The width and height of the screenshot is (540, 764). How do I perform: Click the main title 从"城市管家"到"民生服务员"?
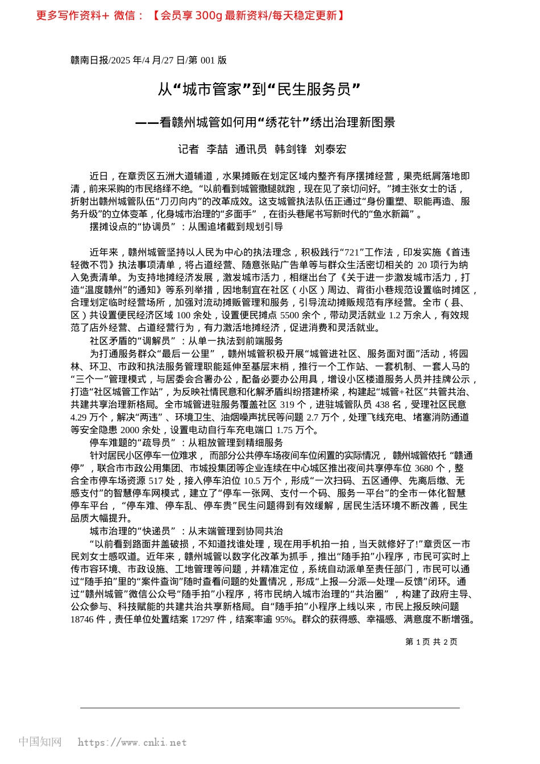click(259, 89)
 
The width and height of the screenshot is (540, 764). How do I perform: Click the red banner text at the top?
click(190, 15)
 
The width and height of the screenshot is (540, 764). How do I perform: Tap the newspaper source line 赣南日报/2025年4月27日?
click(148, 60)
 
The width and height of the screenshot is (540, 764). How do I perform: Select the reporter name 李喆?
click(217, 149)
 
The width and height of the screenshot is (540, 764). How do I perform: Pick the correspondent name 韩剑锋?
click(290, 149)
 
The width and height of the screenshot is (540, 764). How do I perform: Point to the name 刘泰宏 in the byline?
click(330, 149)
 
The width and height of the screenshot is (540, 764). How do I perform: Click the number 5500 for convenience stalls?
click(289, 315)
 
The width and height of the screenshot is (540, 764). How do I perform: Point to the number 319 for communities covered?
click(287, 404)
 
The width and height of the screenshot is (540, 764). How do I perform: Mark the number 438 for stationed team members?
click(383, 404)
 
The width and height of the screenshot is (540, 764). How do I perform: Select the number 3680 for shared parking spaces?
click(423, 468)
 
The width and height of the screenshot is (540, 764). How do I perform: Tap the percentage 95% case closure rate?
click(284, 619)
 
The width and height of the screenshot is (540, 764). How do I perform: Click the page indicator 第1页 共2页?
click(431, 642)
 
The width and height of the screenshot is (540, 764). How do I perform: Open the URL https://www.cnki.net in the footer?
click(132, 742)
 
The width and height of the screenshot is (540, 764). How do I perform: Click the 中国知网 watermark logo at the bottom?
click(40, 742)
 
